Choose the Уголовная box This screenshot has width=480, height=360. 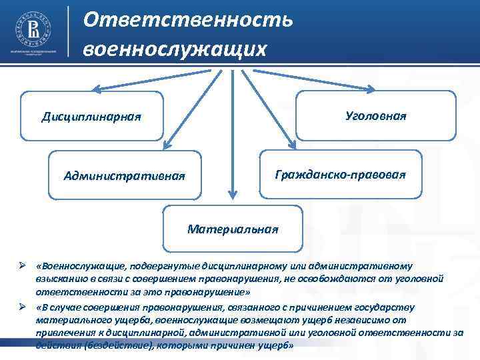point(375,115)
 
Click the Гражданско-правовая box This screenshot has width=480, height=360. point(340,174)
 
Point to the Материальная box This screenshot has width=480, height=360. point(232,229)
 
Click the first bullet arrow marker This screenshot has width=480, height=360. point(21,266)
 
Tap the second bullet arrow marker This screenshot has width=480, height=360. point(21,307)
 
